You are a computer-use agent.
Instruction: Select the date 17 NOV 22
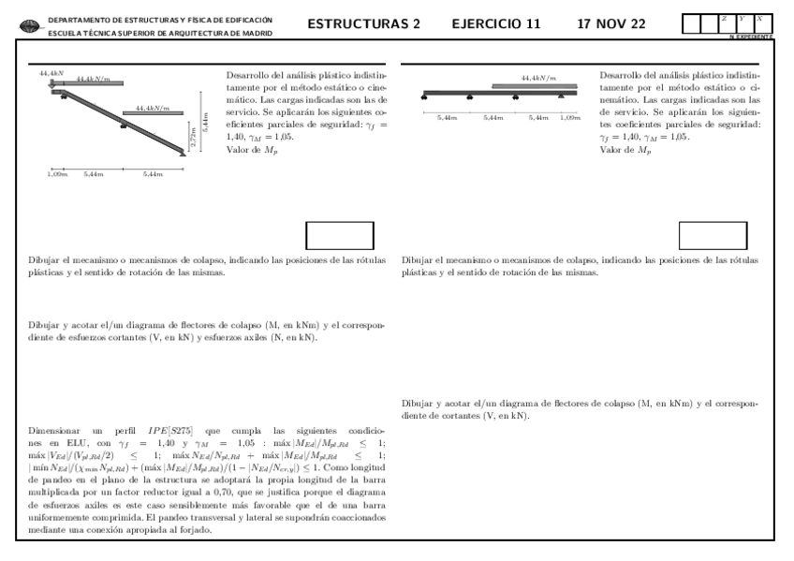coord(611,23)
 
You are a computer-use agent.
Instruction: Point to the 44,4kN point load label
coord(51,72)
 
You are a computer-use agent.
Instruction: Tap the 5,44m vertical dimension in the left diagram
coord(205,122)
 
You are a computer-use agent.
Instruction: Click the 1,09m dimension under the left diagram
coord(57,174)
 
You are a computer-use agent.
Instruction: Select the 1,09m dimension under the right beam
coord(569,117)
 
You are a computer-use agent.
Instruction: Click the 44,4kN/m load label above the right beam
coord(537,78)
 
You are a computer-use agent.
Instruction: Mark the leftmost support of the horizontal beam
coord(425,96)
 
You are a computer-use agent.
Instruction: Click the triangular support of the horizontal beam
coord(560,96)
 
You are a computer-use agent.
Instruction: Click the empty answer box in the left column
coord(339,236)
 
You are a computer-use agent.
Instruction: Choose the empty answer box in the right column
coord(713,236)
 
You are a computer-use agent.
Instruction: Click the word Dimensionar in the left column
coord(54,427)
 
